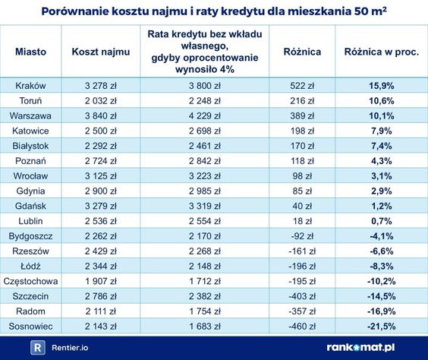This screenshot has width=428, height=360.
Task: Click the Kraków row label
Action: (x=30, y=85)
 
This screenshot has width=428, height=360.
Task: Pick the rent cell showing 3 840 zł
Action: (x=100, y=116)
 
